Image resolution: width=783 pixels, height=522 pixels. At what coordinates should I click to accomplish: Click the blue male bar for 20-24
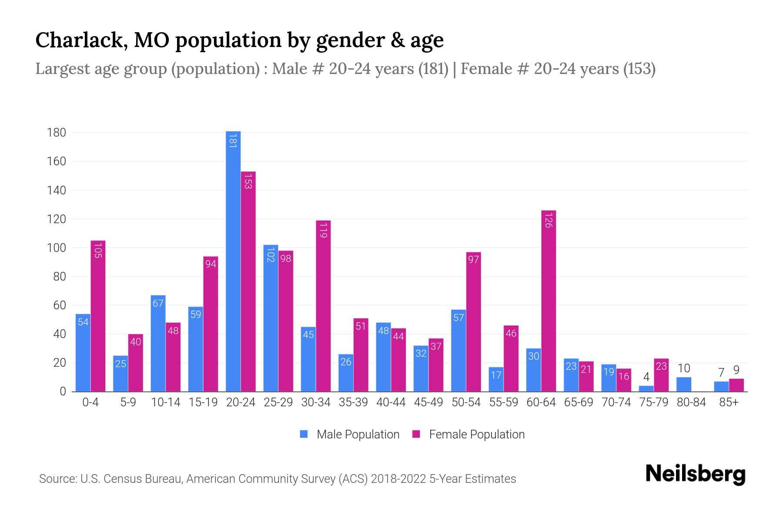(x=233, y=261)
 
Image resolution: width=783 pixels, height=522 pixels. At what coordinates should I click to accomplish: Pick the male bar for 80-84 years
(x=684, y=385)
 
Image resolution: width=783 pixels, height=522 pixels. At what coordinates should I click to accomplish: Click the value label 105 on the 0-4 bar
(x=98, y=251)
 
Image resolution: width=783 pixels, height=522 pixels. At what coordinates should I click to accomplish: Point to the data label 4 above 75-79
(x=646, y=377)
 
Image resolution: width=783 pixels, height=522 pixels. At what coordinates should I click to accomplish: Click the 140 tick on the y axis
(x=57, y=191)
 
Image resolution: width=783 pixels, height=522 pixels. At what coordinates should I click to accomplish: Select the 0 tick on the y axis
(x=62, y=391)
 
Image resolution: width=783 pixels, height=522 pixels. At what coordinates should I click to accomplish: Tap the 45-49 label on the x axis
(x=428, y=402)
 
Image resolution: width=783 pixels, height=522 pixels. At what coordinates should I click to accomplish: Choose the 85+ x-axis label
(x=729, y=402)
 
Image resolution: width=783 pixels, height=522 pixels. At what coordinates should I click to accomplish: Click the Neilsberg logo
(x=695, y=474)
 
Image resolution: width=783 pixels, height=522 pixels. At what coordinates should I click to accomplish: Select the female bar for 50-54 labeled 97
(x=473, y=322)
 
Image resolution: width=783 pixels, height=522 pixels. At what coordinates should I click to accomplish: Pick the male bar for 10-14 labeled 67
(x=158, y=344)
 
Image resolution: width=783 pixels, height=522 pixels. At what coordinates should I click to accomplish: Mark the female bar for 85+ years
(x=736, y=385)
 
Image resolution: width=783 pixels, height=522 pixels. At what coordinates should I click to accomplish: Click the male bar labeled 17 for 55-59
(x=496, y=379)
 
